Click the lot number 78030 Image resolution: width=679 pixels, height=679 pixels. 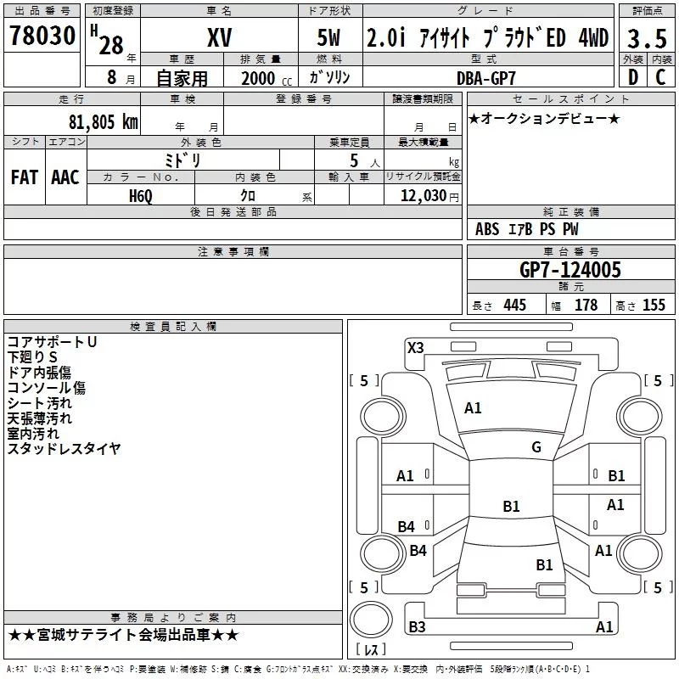42,36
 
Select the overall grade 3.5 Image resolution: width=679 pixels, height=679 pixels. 647,39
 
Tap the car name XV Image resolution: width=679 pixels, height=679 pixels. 220,37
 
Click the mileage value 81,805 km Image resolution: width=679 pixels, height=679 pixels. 103,121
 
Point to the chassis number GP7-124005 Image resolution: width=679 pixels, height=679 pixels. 570,269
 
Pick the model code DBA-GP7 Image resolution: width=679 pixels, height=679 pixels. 486,78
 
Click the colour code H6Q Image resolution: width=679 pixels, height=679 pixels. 141,196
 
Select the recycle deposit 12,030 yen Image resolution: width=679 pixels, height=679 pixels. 429,196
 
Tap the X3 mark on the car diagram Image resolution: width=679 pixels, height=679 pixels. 415,348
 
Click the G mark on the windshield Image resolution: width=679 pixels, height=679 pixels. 536,447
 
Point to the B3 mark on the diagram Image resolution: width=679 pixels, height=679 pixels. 417,626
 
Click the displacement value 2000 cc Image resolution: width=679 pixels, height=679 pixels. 267,78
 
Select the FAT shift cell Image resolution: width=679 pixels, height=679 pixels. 25,177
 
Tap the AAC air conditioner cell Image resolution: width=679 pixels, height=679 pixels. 65,177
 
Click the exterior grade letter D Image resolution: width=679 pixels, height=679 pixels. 633,77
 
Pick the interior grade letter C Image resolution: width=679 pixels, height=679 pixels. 660,77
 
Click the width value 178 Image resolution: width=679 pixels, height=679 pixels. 586,305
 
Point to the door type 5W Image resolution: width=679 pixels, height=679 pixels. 328,37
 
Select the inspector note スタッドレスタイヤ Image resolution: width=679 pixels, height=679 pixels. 64,449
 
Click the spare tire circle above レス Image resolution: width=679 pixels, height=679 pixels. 371,620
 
